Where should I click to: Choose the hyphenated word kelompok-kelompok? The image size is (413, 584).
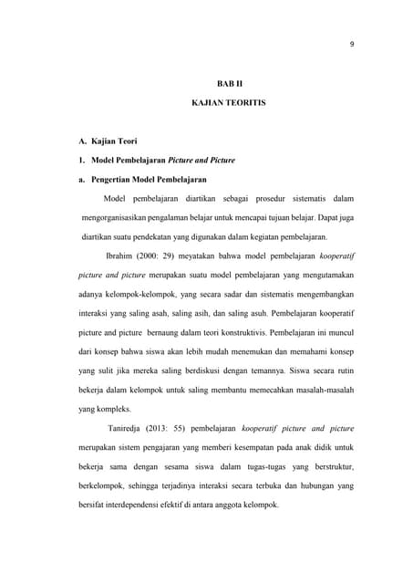click(x=141, y=294)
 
